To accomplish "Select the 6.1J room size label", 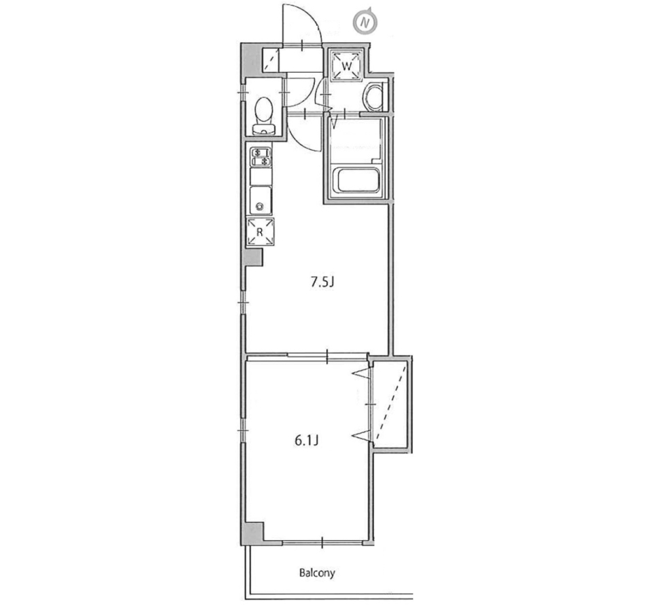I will coord(307,440).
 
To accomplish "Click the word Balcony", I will coord(318,573).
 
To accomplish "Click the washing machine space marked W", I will coord(346,66).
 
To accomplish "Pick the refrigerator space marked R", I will coord(260,232).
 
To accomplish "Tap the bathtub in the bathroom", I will coord(357,182).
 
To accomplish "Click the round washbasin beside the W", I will coord(373,97).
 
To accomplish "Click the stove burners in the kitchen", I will coord(261,158).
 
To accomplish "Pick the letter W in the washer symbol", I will coord(346,66).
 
